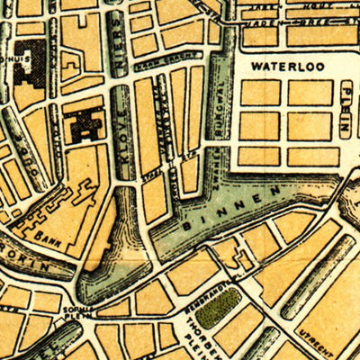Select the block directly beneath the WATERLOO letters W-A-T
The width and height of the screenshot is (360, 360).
[260, 93]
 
